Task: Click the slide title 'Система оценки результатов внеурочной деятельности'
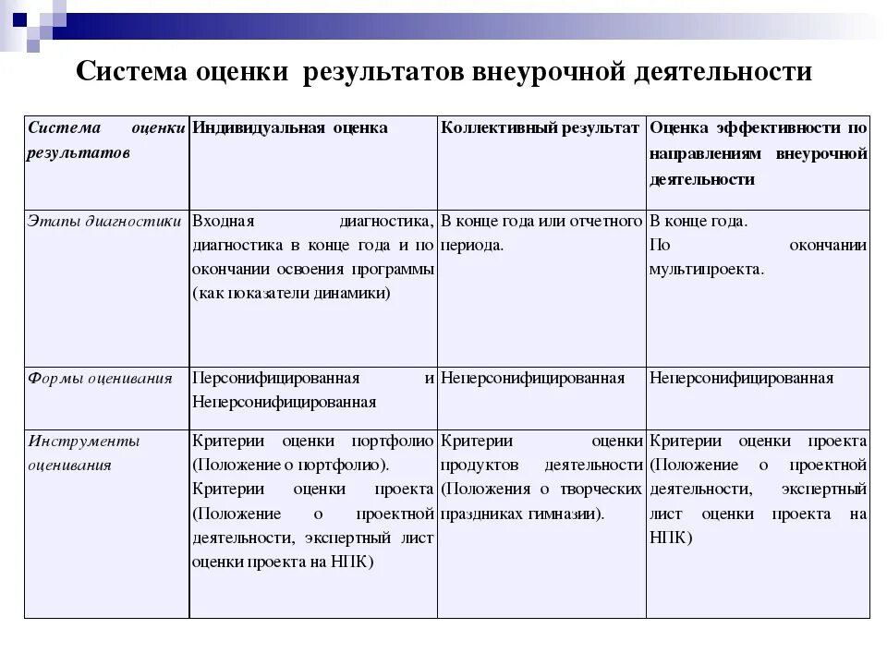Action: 443,72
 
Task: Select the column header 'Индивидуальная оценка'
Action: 290,127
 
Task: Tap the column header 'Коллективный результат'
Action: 541,127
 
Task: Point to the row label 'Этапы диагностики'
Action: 104,222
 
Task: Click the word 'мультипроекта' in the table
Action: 707,270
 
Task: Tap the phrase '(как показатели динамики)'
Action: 292,293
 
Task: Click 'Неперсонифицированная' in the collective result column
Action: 533,378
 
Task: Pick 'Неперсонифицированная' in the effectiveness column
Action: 742,378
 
